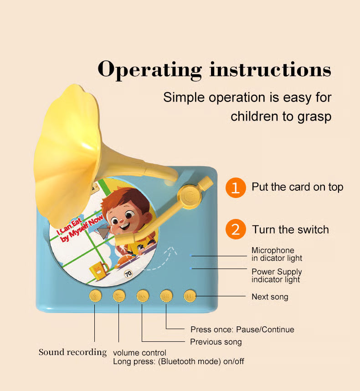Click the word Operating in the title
[x=149, y=70]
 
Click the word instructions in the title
[x=270, y=70]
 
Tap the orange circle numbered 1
[x=235, y=187]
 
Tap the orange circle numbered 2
[x=235, y=229]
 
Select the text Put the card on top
[x=297, y=187]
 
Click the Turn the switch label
[x=290, y=229]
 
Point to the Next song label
[x=270, y=297]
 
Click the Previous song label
[x=216, y=341]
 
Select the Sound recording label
[x=72, y=352]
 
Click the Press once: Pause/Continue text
[x=242, y=329]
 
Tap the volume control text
[x=139, y=353]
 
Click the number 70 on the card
[x=128, y=274]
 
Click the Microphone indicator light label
[x=277, y=254]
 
